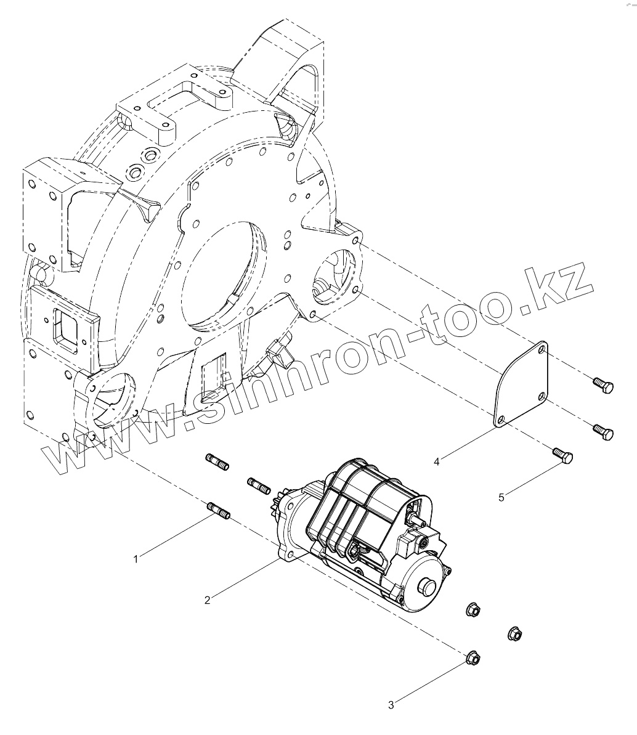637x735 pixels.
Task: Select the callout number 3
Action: (x=391, y=705)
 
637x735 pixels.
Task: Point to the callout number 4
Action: (x=437, y=460)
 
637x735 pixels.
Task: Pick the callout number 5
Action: (x=501, y=497)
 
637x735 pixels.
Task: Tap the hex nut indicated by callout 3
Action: (x=473, y=657)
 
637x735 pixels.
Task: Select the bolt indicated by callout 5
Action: (x=563, y=457)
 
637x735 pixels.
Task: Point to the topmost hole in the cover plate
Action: (x=542, y=351)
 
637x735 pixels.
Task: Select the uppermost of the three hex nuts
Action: (x=473, y=610)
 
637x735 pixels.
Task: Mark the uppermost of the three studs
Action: (x=216, y=461)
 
